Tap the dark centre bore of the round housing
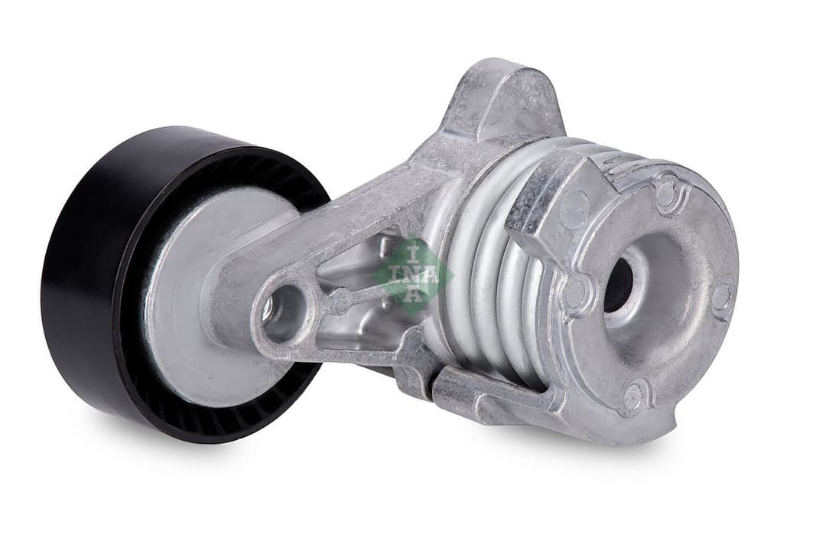(x=618, y=285)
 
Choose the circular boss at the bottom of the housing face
(x=633, y=396)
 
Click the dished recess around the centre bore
(x=650, y=306)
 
